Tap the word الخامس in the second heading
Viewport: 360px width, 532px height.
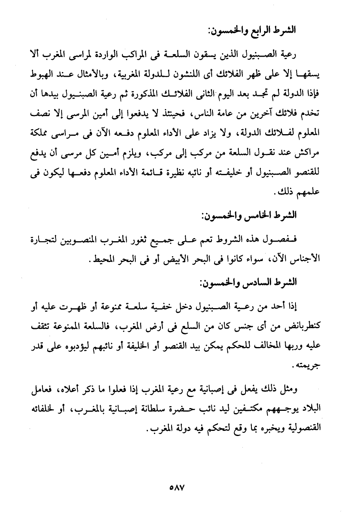(262, 215)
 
